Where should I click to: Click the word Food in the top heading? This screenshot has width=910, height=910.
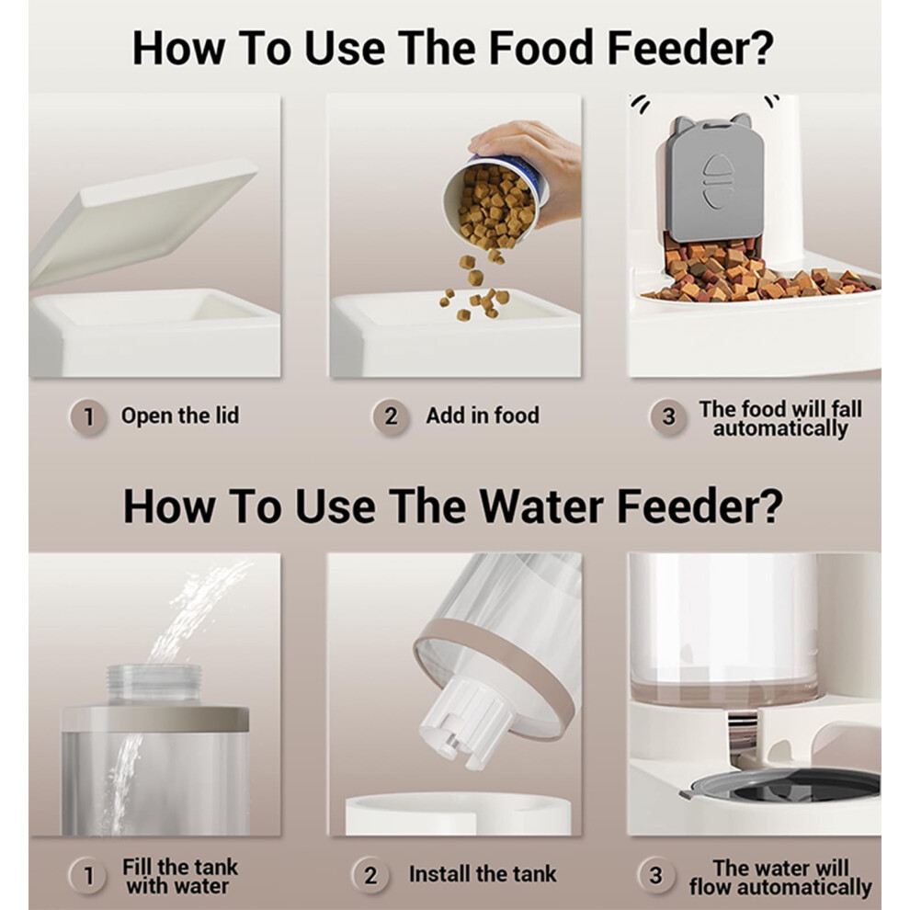click(540, 48)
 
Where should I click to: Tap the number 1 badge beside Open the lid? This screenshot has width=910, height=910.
click(88, 416)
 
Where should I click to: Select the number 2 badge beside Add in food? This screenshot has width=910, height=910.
click(391, 416)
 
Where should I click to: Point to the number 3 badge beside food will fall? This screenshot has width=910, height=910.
click(668, 416)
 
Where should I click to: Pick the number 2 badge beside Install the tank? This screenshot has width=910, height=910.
click(370, 875)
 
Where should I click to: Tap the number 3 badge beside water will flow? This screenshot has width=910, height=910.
click(655, 875)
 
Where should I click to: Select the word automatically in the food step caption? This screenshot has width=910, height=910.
click(780, 429)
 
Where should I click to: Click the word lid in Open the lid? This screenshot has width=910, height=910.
click(225, 415)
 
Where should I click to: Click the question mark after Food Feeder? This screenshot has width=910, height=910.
click(761, 48)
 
